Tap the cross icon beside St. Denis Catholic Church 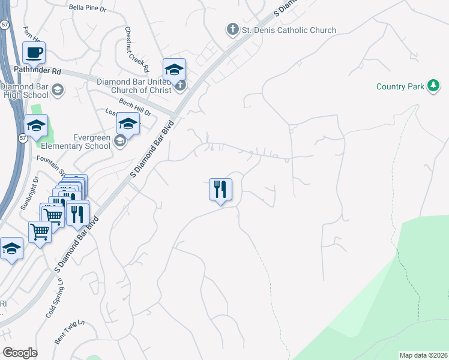232,29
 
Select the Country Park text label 400,87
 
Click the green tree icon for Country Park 432,86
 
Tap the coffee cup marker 34,53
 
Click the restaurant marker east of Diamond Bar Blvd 220,190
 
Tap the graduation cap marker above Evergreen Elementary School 128,124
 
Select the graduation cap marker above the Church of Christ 174,70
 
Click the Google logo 20,352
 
